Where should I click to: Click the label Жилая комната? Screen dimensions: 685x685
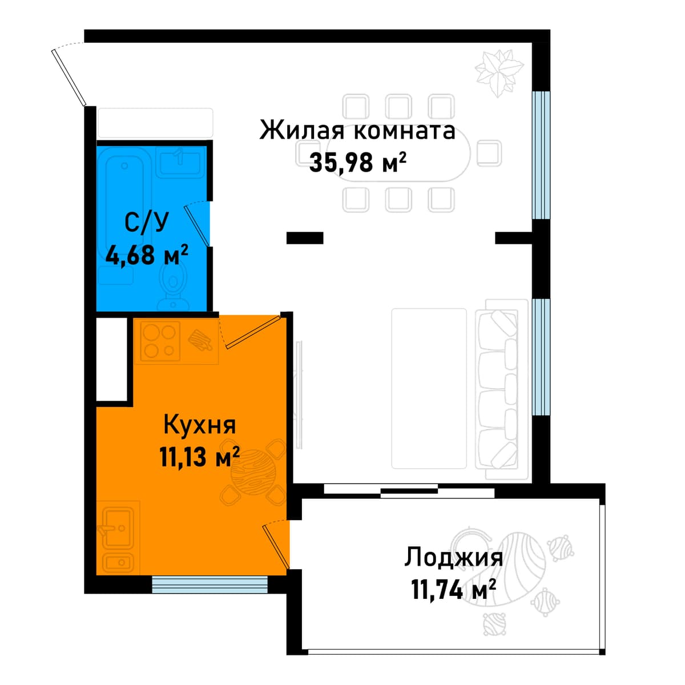tap(357, 130)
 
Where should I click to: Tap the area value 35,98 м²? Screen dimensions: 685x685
tap(357, 163)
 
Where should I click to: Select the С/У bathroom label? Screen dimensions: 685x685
tap(146, 223)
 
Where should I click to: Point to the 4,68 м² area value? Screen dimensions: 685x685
tap(147, 255)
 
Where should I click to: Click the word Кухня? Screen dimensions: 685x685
tap(199, 425)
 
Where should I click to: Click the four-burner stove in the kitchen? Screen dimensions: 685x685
tap(160, 341)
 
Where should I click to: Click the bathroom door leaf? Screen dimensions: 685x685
tap(196, 225)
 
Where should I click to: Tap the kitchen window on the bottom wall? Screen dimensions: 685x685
tap(209, 585)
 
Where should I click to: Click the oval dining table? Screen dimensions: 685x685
tap(398, 154)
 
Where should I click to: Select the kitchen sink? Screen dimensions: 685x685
tap(118, 527)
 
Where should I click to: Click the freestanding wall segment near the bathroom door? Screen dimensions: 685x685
tap(305, 238)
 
